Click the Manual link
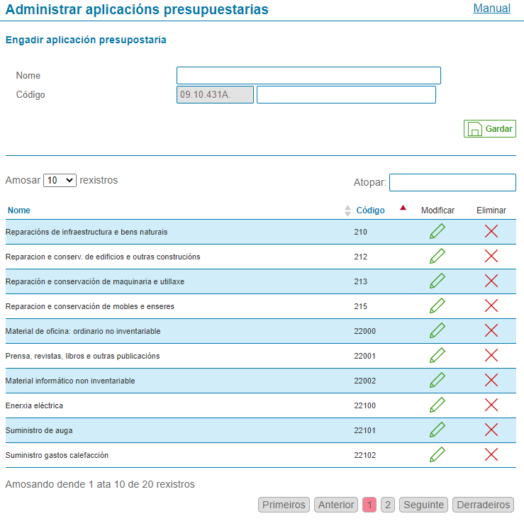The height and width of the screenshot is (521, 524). (491, 9)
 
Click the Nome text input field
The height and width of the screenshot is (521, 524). (308, 76)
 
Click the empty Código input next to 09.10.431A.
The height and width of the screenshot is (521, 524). (346, 95)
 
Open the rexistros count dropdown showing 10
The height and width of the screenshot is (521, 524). (60, 181)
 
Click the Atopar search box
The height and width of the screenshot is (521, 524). (452, 183)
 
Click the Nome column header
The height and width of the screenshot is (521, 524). (19, 211)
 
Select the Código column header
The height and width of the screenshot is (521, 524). (370, 211)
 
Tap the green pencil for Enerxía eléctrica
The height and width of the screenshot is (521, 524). (437, 405)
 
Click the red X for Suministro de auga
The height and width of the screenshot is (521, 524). (491, 430)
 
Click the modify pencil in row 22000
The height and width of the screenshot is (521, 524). (437, 331)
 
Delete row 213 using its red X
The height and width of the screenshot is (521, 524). (491, 281)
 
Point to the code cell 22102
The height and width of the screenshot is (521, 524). (365, 455)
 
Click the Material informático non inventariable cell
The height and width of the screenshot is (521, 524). (70, 381)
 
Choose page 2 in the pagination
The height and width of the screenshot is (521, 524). (387, 505)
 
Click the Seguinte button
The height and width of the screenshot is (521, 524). (424, 505)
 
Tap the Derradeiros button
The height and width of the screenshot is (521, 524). (483, 505)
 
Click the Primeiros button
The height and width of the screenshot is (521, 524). (284, 505)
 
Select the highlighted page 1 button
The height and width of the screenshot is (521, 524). (369, 505)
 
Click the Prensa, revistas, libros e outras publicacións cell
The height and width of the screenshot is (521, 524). (82, 356)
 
